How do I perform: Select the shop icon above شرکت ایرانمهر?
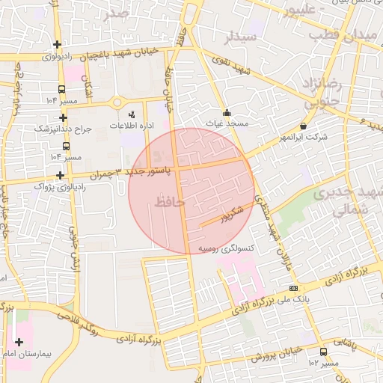coord(303,126)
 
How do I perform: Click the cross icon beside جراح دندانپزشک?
coord(63,117)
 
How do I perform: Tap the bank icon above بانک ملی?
coord(292,289)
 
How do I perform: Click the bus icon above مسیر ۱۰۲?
coord(323,352)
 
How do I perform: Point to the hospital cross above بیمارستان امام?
coord(19,342)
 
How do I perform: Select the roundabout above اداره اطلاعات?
coord(117,102)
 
